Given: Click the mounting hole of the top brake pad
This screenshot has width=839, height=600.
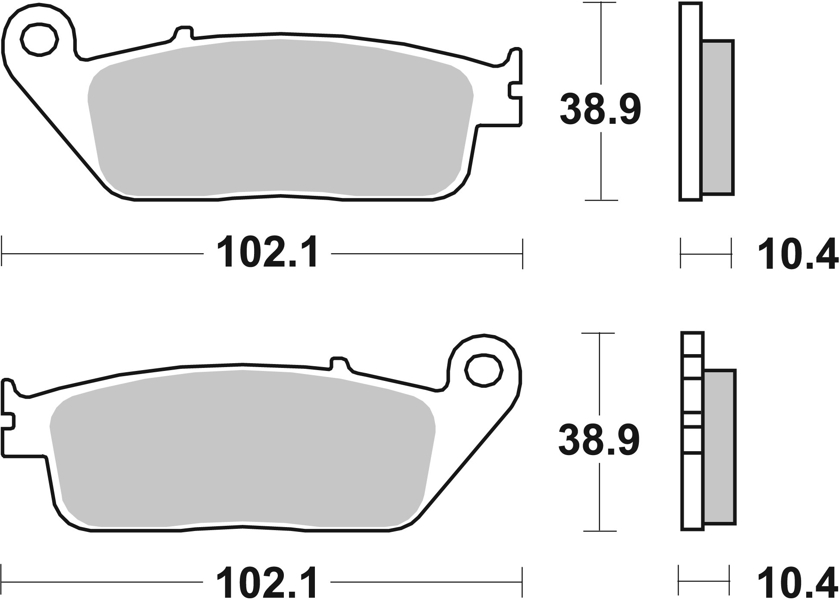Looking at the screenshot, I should (39, 40).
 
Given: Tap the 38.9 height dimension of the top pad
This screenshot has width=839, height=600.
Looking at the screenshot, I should (600, 110).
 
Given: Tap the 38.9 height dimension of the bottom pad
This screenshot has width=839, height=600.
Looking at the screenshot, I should (599, 440).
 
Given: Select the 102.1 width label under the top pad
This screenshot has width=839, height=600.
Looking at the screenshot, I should (268, 253).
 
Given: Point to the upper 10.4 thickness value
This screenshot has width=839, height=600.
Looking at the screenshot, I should (797, 256).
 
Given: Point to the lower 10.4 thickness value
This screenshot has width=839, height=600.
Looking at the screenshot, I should (797, 583).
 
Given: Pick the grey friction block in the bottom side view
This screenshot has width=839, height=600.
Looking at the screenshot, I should (720, 446).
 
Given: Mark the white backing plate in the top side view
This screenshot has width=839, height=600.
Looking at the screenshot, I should (690, 101).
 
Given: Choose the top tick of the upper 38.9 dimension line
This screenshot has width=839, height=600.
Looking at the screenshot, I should (600, 3).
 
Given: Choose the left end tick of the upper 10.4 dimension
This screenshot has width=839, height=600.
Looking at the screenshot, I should (681, 253).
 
